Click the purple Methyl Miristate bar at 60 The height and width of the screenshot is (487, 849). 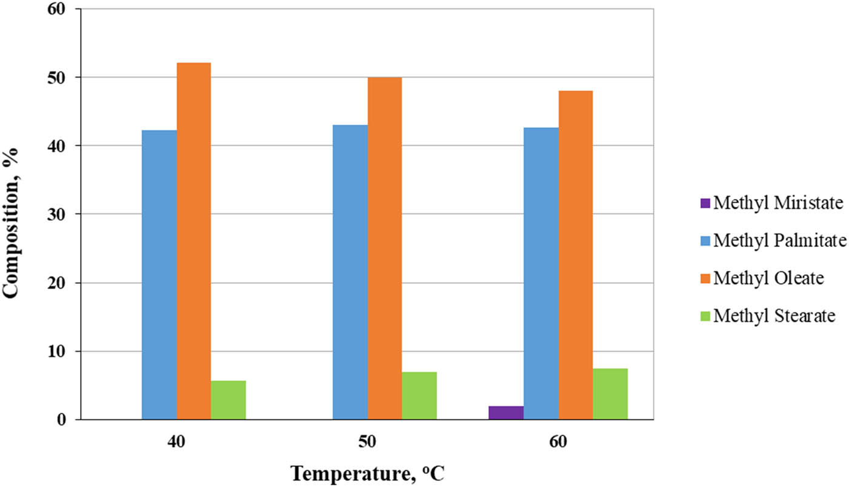click(506, 413)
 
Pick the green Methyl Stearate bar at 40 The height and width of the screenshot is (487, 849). click(228, 400)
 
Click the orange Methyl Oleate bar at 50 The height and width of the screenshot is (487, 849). click(384, 248)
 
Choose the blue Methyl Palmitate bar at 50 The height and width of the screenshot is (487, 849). click(350, 272)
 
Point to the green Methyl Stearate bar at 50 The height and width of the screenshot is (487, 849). click(419, 395)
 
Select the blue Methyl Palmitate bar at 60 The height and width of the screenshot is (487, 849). click(541, 274)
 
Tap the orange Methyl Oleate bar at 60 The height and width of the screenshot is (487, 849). click(576, 255)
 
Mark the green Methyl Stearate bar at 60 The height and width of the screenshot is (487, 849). click(610, 394)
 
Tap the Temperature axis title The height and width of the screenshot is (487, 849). click(367, 472)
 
